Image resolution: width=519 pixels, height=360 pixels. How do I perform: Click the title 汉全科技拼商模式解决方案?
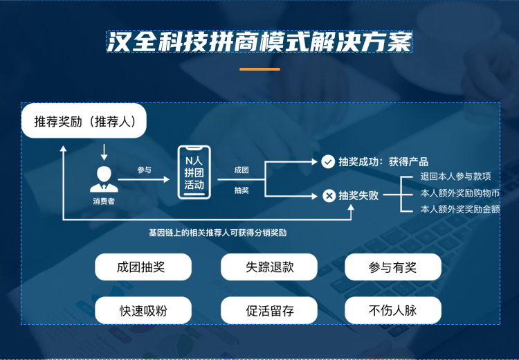(x=259, y=42)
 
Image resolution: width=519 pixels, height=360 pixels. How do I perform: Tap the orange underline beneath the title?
(x=259, y=69)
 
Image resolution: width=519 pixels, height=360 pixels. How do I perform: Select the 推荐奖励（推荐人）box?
(x=84, y=121)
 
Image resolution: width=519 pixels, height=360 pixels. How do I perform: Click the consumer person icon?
(x=104, y=179)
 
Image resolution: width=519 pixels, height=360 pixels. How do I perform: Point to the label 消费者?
(x=104, y=201)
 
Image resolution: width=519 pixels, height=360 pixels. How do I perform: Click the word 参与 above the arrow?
(x=145, y=170)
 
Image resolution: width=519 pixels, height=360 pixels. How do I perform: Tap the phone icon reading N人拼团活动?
(x=194, y=172)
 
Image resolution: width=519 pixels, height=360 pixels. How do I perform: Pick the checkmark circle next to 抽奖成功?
(x=328, y=161)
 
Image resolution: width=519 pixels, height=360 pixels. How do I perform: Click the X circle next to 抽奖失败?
(x=329, y=196)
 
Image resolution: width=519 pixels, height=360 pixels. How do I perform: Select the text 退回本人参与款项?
(x=455, y=177)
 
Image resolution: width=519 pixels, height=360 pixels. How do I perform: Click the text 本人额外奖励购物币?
(x=460, y=193)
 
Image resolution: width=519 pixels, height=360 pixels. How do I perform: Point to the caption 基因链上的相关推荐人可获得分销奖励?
(x=218, y=233)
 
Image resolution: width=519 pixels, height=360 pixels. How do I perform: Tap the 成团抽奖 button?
(x=143, y=267)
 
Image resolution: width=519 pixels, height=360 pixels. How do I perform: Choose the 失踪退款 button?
(x=269, y=267)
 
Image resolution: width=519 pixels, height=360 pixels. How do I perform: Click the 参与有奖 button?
(x=393, y=267)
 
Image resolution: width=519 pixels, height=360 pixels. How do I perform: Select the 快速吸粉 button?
(x=143, y=310)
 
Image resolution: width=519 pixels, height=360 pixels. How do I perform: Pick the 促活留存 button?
(x=269, y=310)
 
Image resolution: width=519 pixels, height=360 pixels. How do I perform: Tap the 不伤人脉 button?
(x=393, y=310)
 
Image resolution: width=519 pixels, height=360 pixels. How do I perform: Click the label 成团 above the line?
(x=242, y=170)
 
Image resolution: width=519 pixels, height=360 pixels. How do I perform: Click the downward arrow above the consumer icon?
(x=104, y=152)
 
